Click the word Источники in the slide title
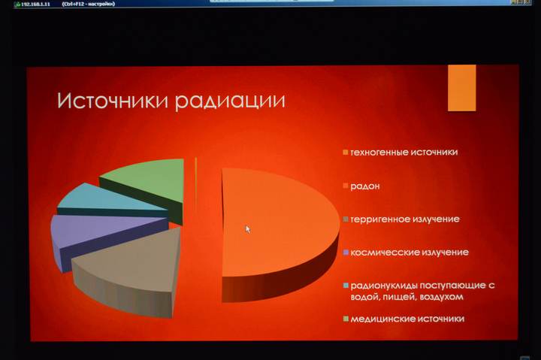(113, 101)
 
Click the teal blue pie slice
(98, 200)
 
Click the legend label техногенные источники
(403, 152)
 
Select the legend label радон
(364, 186)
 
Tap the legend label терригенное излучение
(404, 219)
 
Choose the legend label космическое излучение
(409, 252)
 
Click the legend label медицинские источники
(407, 319)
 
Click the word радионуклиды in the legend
(383, 286)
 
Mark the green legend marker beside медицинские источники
(346, 319)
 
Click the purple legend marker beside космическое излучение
(346, 253)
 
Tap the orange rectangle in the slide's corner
(461, 87)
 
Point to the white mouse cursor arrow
(248, 229)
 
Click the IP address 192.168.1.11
(28, 4)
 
